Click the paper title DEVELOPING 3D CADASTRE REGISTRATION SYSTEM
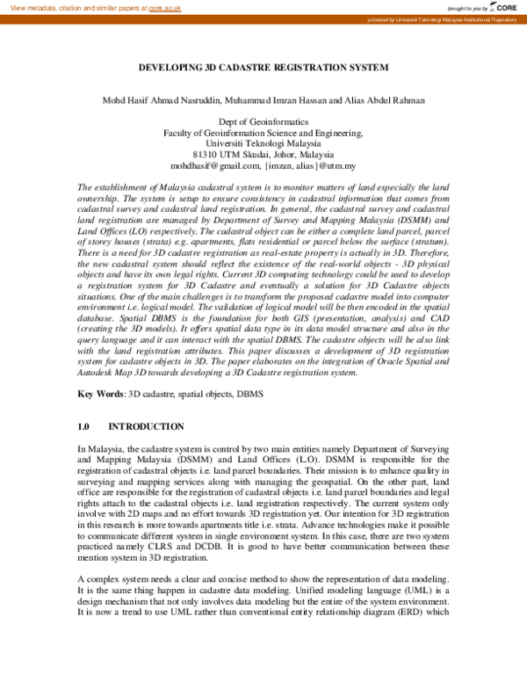tap(263, 68)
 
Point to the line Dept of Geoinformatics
tap(263, 121)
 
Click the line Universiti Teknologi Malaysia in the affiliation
tap(263, 142)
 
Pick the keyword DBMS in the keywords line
tap(250, 394)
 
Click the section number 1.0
tap(84, 426)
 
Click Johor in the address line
tap(281, 154)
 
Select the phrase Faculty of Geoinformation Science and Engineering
tap(263, 132)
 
